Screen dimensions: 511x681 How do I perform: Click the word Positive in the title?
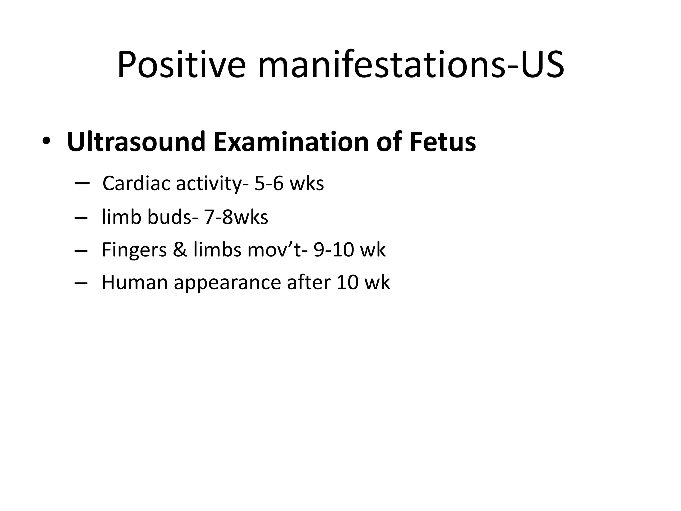coord(182,65)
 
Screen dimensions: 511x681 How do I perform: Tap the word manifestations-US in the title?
coord(411,65)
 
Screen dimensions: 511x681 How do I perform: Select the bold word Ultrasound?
coord(136,142)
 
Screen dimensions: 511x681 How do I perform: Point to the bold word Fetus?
coord(442,142)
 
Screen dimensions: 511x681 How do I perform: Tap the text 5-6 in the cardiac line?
coord(269,184)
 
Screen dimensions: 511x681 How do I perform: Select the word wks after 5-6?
coord(307,184)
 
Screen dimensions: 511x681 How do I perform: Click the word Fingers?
coord(134,250)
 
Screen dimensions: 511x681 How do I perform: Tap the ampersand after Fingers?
coord(180,250)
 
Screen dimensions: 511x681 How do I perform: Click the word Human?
coord(134,282)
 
